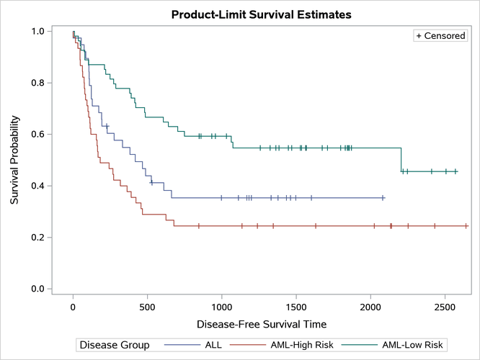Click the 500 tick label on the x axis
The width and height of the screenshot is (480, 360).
(x=147, y=305)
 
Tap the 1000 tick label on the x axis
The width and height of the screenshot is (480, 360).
(x=221, y=305)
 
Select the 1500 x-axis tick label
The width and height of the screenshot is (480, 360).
(x=295, y=305)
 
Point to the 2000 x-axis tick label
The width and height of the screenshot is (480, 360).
(x=370, y=305)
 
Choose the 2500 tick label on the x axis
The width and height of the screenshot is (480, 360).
(x=445, y=305)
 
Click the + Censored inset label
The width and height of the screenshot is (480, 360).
(x=440, y=35)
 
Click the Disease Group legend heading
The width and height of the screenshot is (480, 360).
(x=115, y=345)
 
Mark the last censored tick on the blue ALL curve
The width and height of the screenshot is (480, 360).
(x=383, y=197)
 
